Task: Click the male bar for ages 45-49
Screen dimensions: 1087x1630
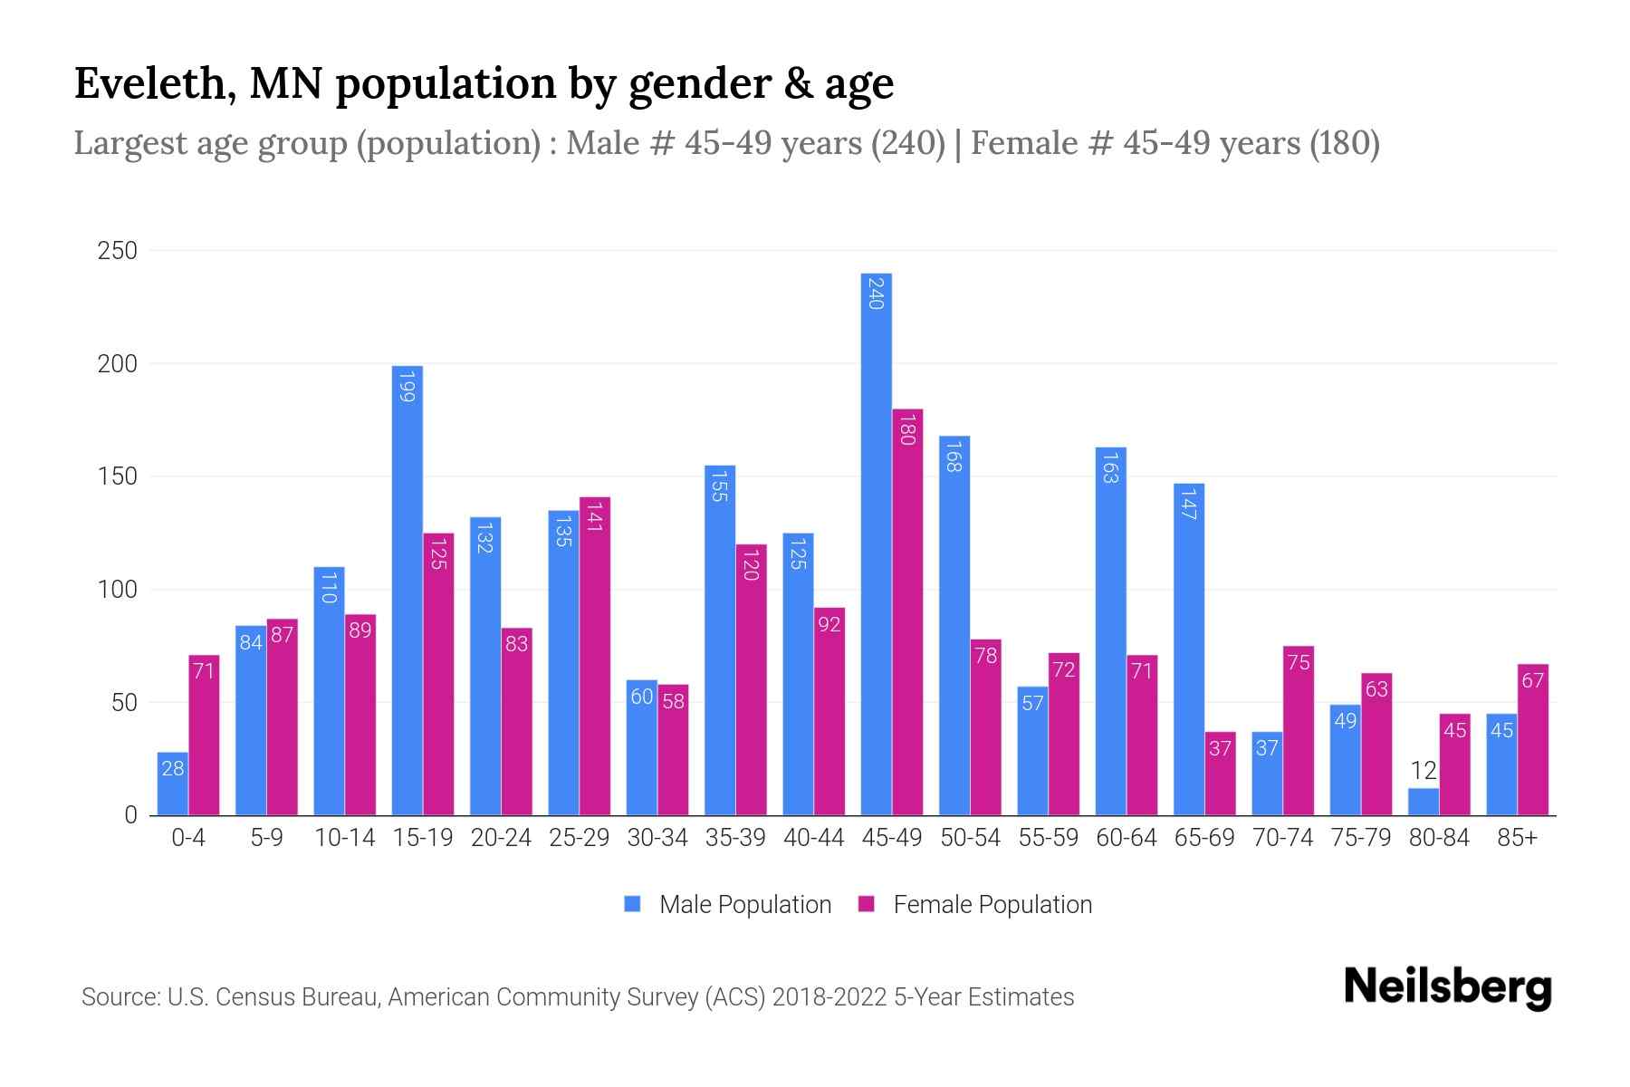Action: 876,543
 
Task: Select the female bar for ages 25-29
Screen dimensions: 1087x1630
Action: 595,656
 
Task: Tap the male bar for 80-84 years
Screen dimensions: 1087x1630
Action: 1424,802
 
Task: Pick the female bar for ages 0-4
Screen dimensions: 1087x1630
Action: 204,735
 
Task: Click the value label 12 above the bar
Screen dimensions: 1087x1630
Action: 1424,771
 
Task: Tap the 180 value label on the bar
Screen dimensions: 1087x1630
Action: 906,428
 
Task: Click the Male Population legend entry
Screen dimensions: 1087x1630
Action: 744,905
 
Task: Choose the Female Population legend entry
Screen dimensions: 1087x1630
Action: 992,905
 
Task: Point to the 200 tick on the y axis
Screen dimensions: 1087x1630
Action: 117,364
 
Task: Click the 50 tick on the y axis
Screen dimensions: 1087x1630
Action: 124,703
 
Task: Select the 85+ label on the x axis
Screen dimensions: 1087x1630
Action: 1517,838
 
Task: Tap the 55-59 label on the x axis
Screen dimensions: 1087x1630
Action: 1048,838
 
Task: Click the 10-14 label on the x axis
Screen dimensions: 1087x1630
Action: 344,838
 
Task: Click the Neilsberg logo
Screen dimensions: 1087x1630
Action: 1447,987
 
